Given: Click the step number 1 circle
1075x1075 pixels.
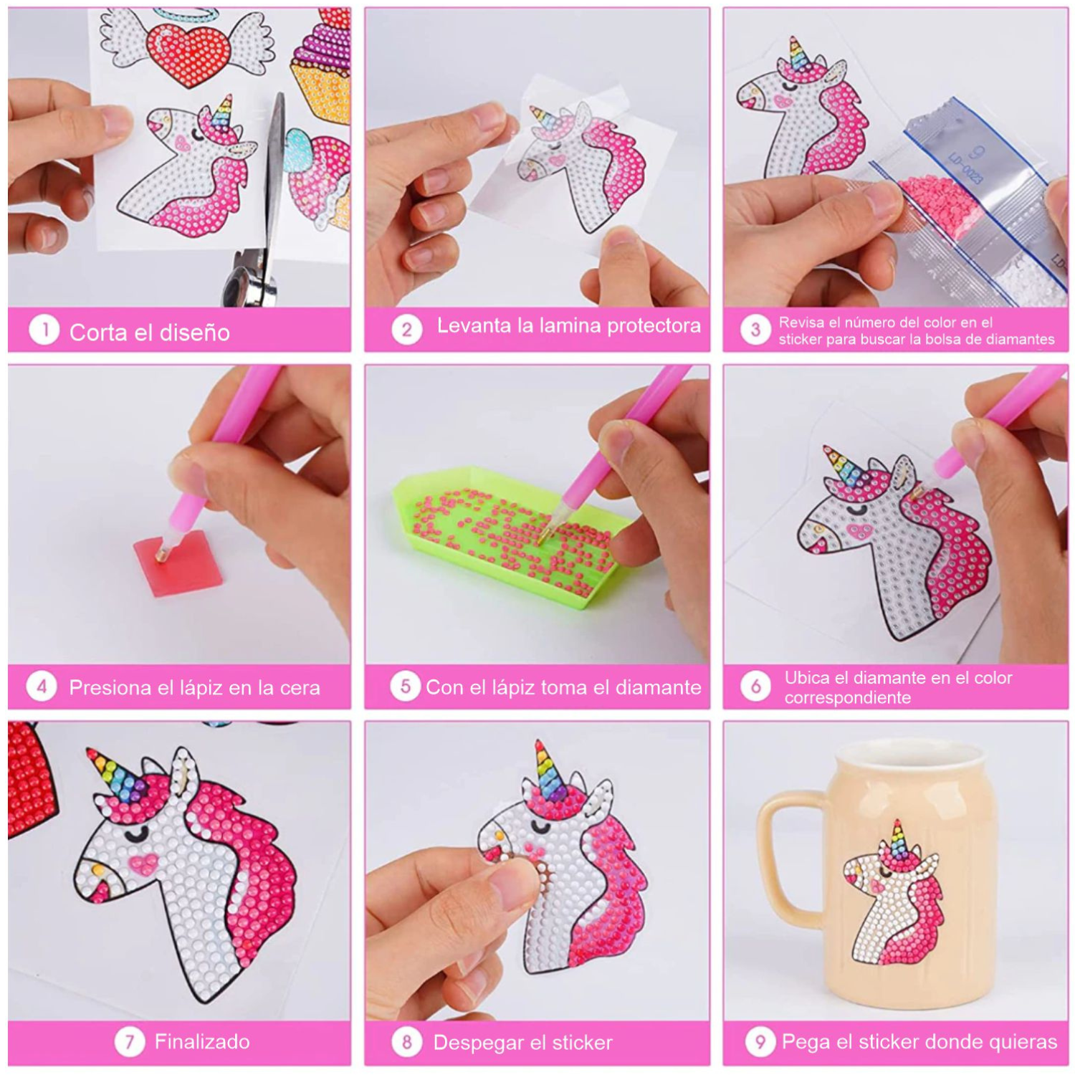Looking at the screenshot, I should (x=44, y=330).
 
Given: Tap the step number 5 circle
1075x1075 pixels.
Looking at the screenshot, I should (x=405, y=686).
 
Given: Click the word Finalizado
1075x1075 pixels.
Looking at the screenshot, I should (x=202, y=1041).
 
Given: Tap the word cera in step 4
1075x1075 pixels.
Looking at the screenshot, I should (x=300, y=688).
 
